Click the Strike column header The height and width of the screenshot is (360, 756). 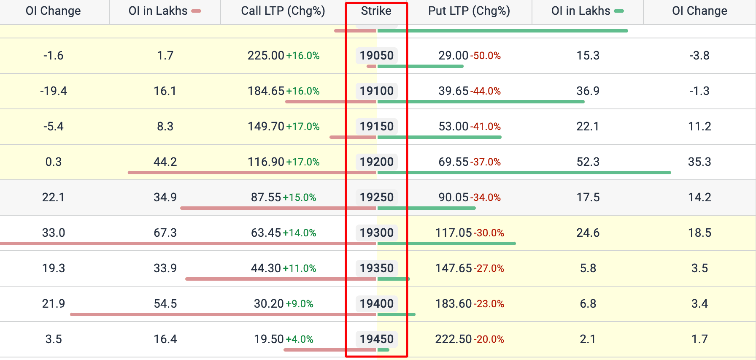(376, 11)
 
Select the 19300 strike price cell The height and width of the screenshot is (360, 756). (376, 233)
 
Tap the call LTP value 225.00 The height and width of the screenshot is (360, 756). (266, 55)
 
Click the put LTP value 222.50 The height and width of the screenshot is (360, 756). (453, 339)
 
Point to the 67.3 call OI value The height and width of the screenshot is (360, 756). (165, 233)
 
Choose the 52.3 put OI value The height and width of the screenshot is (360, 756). (588, 162)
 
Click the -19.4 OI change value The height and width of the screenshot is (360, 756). (53, 91)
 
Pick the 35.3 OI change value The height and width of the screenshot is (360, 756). (699, 162)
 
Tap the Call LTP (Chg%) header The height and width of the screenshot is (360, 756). (283, 11)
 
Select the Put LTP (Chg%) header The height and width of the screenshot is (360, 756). (469, 11)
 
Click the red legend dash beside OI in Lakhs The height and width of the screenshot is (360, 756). (196, 11)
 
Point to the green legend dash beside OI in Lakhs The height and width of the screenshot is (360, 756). (619, 11)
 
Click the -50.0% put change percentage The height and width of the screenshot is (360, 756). (486, 56)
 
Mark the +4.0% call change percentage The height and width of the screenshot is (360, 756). (300, 339)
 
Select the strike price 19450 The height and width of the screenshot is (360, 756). (376, 339)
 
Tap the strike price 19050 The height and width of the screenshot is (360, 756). (376, 55)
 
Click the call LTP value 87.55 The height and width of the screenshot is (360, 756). (266, 197)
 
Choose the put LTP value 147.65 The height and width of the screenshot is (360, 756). (453, 268)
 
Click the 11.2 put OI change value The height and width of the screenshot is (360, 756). (699, 126)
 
